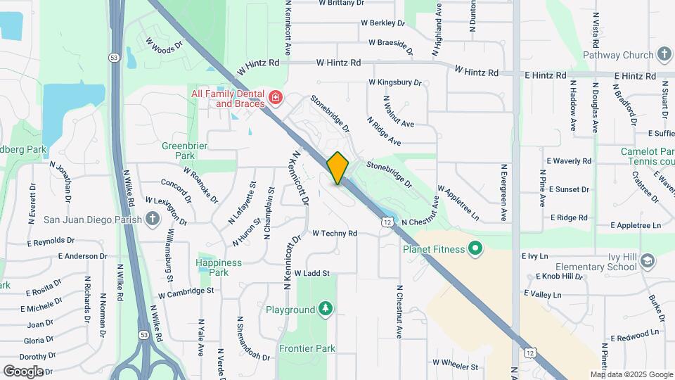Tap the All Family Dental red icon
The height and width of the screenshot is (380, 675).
[x=275, y=97]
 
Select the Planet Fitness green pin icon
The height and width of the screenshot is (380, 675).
[x=475, y=248]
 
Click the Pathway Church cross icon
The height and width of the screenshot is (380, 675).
[x=664, y=55]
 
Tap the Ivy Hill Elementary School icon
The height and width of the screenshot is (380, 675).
[x=647, y=261]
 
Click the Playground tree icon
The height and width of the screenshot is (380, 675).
[x=325, y=309]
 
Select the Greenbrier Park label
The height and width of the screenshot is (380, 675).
[x=178, y=150]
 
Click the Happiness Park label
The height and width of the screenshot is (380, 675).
[x=219, y=267]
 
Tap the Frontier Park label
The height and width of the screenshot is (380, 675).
[x=307, y=348]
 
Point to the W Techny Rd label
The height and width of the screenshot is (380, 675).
[x=335, y=233]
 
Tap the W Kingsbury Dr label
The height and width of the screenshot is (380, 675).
[x=395, y=82]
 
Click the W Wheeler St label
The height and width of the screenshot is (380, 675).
[x=455, y=366]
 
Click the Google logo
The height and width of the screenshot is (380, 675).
[x=23, y=371]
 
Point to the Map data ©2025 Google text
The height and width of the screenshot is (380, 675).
[x=631, y=374]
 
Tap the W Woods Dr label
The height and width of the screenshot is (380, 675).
[x=164, y=45]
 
